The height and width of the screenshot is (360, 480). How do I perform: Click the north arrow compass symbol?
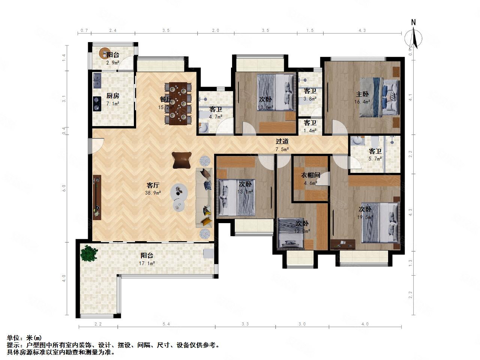click(414, 36)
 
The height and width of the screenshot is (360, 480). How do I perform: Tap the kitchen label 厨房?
click(113, 96)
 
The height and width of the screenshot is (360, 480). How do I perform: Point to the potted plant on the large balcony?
click(89, 253)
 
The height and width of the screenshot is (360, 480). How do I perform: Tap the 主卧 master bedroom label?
click(363, 94)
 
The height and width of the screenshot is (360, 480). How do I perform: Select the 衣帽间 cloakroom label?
click(311, 175)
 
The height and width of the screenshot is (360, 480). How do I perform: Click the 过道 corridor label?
click(282, 141)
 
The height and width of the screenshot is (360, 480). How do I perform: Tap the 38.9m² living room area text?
click(153, 193)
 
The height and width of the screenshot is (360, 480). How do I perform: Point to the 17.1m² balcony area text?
click(147, 263)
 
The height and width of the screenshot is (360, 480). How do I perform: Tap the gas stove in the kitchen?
click(97, 104)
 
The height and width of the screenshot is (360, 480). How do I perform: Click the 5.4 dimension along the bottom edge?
click(166, 324)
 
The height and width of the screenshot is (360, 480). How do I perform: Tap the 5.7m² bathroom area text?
click(375, 159)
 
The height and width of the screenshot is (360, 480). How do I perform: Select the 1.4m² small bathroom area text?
click(310, 130)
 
